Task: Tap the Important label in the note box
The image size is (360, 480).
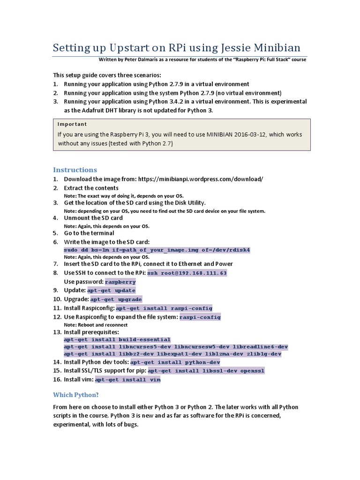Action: click(72, 124)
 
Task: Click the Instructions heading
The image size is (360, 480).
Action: click(75, 170)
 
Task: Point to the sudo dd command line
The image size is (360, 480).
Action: click(157, 250)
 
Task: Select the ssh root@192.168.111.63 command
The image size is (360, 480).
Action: click(187, 273)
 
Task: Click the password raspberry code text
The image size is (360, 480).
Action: click(120, 282)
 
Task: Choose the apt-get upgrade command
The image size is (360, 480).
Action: click(116, 299)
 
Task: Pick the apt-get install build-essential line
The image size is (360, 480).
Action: click(117, 339)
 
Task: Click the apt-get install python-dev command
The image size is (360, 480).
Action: click(175, 362)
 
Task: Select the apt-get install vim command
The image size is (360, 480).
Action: click(128, 380)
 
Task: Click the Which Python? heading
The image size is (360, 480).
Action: click(76, 395)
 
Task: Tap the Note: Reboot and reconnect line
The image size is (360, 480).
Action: click(96, 325)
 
